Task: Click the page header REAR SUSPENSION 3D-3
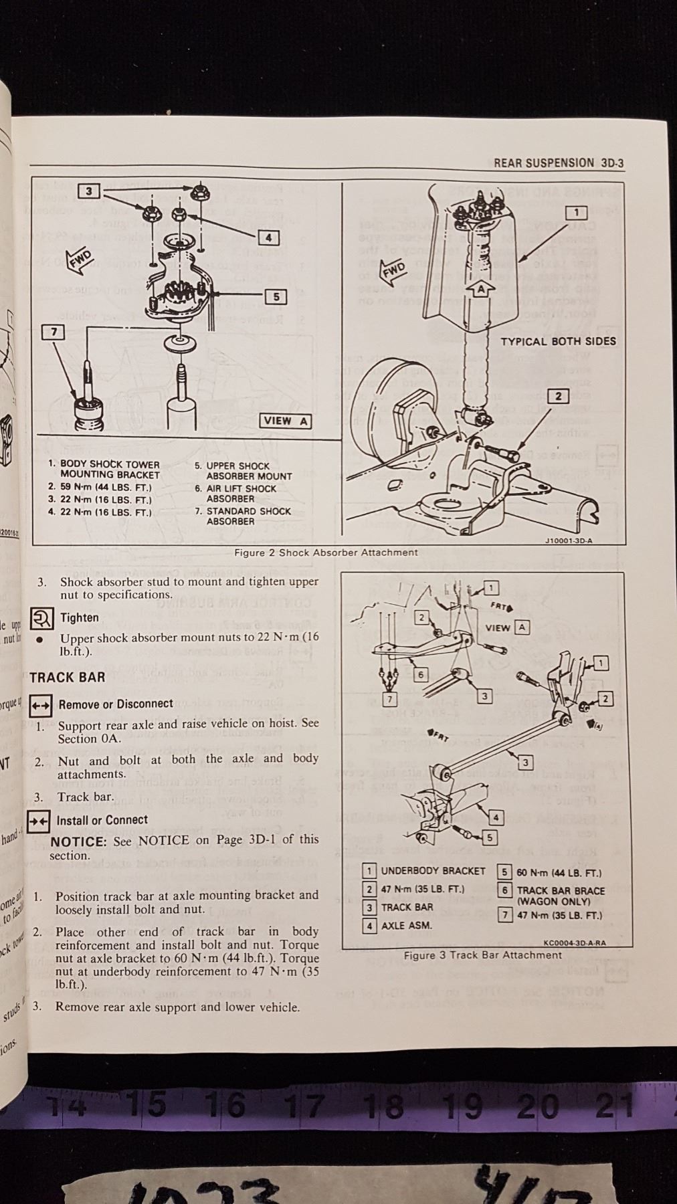[559, 163]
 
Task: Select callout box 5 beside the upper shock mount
[276, 296]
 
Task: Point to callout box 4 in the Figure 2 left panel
[268, 237]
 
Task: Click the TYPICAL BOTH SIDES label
[558, 341]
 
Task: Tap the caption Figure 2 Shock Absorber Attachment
[326, 553]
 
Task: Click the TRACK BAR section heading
[68, 677]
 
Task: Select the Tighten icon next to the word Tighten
[42, 618]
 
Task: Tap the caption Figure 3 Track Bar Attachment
[482, 955]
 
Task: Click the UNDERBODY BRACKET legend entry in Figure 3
[432, 871]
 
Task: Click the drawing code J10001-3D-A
[569, 540]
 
